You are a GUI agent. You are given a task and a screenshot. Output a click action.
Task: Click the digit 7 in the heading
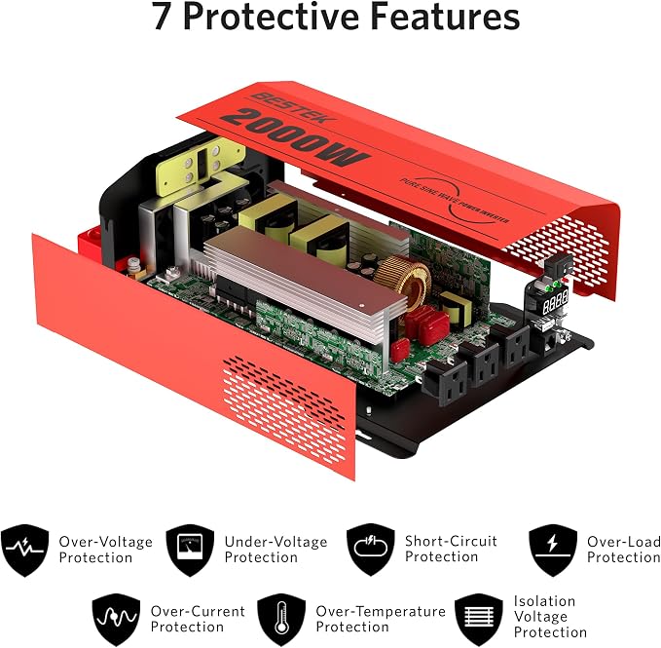pyautogui.click(x=162, y=16)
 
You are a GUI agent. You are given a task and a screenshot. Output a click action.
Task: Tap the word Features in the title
pyautogui.click(x=445, y=16)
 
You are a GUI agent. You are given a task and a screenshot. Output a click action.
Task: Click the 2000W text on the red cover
pyautogui.click(x=296, y=137)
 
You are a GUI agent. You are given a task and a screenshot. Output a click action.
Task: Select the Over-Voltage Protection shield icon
pyautogui.click(x=25, y=550)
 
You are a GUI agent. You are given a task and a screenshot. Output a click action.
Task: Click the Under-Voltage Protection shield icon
pyautogui.click(x=190, y=550)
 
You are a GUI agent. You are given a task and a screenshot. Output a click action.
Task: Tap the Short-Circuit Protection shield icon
pyautogui.click(x=371, y=550)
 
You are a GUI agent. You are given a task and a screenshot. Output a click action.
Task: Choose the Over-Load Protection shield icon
pyautogui.click(x=553, y=550)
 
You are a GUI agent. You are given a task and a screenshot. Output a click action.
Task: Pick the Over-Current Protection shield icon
pyautogui.click(x=117, y=620)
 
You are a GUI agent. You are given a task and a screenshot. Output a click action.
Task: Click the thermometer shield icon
pyautogui.click(x=281, y=620)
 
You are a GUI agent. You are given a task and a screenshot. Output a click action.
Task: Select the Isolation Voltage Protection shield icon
pyautogui.click(x=479, y=620)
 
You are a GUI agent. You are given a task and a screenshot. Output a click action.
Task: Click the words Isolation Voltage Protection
pyautogui.click(x=550, y=617)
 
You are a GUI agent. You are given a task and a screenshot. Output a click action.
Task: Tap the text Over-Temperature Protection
pyautogui.click(x=381, y=619)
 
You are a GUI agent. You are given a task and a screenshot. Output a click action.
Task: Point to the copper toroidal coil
pyautogui.click(x=403, y=280)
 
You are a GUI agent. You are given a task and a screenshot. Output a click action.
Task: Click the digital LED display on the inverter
pyautogui.click(x=554, y=301)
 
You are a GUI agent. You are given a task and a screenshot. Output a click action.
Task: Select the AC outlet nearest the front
pyautogui.click(x=445, y=383)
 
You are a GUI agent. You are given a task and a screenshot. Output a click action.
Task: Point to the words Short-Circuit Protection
pyautogui.click(x=451, y=549)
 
